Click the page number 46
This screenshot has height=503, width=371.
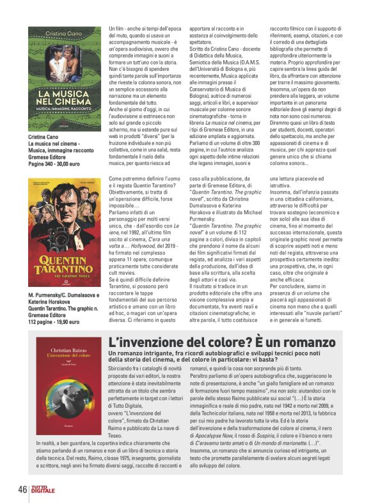[22, 489]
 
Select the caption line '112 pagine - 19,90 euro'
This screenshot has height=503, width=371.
[57, 323]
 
